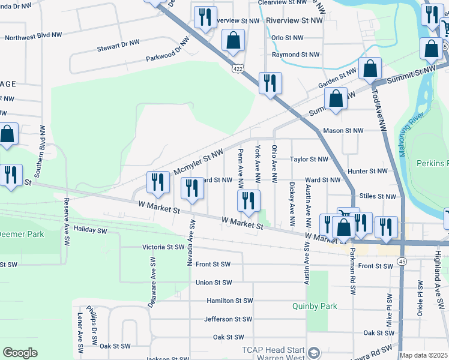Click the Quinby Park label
[315, 306]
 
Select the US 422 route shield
[238, 70]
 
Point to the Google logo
[20, 353]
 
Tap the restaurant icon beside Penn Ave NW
[248, 201]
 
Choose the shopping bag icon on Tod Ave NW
[370, 70]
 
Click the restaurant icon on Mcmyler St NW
[158, 182]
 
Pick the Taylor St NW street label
[309, 160]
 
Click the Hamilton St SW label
[229, 301]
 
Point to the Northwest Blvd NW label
[33, 37]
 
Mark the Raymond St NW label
[295, 55]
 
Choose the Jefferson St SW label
[229, 319]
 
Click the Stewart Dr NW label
[118, 43]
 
